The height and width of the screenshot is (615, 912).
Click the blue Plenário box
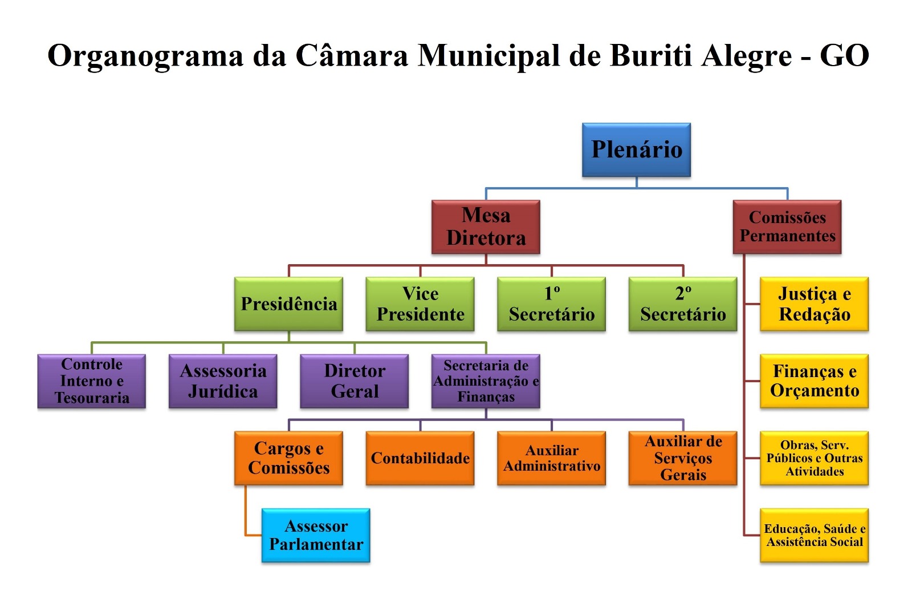pyautogui.click(x=636, y=149)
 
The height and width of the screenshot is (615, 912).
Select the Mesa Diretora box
pyautogui.click(x=486, y=226)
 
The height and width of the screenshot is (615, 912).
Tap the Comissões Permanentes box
pyautogui.click(x=787, y=226)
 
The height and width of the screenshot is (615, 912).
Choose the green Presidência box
pyautogui.click(x=288, y=304)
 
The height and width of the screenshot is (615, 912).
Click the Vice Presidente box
pyautogui.click(x=420, y=304)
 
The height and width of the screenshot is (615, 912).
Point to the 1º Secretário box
pyautogui.click(x=551, y=304)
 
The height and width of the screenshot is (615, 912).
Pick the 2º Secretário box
pyautogui.click(x=683, y=304)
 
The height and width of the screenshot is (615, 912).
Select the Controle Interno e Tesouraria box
pyautogui.click(x=92, y=381)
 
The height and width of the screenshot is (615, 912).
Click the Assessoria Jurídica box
pyautogui.click(x=223, y=381)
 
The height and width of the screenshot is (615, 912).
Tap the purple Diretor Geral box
pyautogui.click(x=355, y=381)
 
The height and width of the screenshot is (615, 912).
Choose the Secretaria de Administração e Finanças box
pyautogui.click(x=486, y=381)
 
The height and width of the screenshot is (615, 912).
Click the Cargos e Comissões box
pyautogui.click(x=288, y=458)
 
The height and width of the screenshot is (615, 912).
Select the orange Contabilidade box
pyautogui.click(x=420, y=458)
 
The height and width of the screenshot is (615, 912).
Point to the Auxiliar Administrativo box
pyautogui.click(x=551, y=458)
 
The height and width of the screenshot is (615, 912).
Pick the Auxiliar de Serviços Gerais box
pyautogui.click(x=683, y=458)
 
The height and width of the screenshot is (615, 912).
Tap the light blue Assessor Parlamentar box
pyautogui.click(x=316, y=535)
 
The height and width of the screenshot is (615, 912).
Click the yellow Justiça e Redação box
pyautogui.click(x=814, y=304)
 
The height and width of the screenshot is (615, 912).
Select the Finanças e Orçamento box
pyautogui.click(x=814, y=381)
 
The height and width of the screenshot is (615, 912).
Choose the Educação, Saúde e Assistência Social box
pyautogui.click(x=814, y=535)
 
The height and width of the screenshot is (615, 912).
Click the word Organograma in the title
pyautogui.click(x=145, y=56)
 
